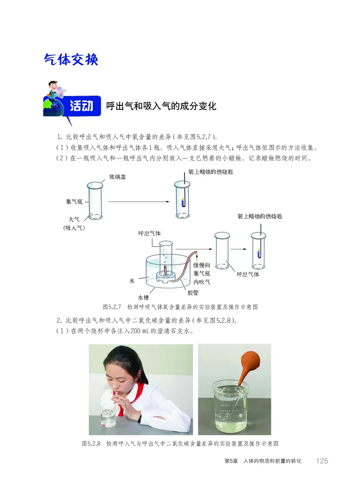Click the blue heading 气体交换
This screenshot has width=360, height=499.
pos(71,59)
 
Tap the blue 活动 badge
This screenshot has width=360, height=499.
pos(81,106)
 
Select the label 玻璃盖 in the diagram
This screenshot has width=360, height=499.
pos(117,177)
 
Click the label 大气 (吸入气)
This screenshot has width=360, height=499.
pos(74,223)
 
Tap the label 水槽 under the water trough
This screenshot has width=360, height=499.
pos(143,297)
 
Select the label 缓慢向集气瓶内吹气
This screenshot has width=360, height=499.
pos(202,273)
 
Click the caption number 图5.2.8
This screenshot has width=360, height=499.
pos(93,444)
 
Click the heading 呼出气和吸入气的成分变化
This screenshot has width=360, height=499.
pos(161,106)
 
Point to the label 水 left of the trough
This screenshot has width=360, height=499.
pos(132,281)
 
